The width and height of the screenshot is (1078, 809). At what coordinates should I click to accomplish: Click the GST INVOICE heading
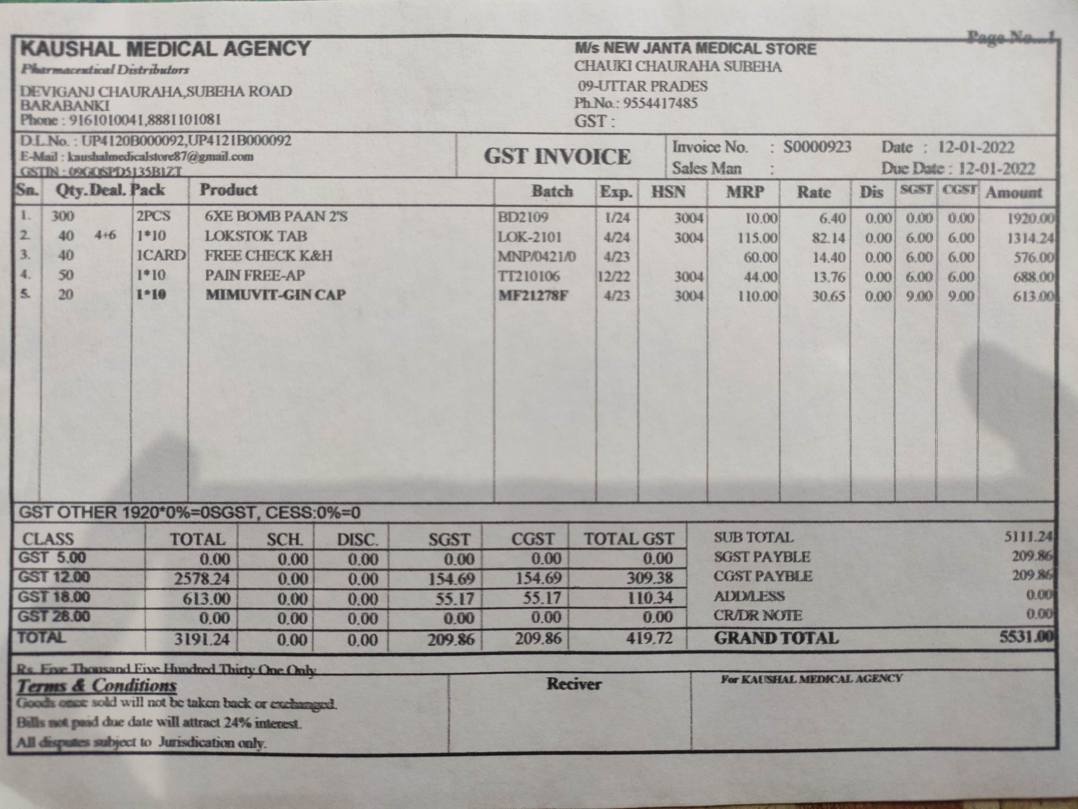coord(557,156)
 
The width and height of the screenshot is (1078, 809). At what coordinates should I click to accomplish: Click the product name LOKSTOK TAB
coord(256,236)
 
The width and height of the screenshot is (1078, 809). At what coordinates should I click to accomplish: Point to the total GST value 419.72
coord(649,638)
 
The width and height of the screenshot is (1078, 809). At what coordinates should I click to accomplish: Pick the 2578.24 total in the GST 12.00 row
coord(202,579)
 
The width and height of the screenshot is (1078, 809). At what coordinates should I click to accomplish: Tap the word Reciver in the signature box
coord(573,684)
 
